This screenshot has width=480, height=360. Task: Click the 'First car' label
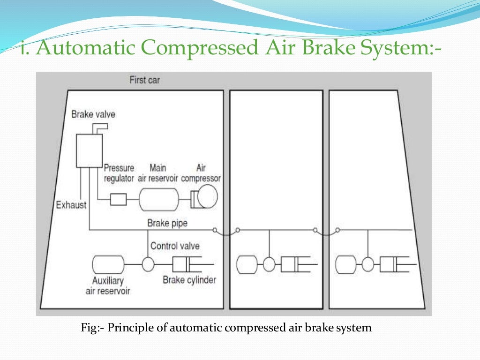144,80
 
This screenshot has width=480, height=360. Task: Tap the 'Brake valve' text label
93,114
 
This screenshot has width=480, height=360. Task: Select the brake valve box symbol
89,150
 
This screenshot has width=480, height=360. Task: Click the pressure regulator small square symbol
118,200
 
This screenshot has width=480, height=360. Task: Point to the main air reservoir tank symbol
158,200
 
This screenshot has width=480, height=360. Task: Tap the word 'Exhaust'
71,205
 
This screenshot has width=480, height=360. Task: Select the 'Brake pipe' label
167,223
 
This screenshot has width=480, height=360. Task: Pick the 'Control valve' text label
175,246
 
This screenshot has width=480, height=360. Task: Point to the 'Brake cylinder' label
189,280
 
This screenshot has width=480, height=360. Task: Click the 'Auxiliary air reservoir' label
108,285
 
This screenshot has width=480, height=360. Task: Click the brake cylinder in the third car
392,265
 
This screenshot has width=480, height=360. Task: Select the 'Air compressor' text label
201,173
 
